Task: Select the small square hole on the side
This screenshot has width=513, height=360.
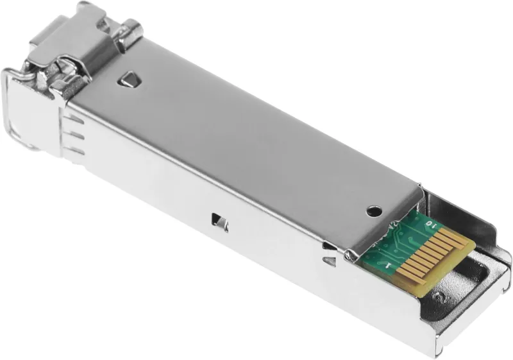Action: coord(220,222)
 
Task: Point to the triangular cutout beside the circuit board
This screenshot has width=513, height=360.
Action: coord(330,260)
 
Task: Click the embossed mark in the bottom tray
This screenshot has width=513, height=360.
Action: coord(439,297)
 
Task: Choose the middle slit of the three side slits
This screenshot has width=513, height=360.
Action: coord(75,135)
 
